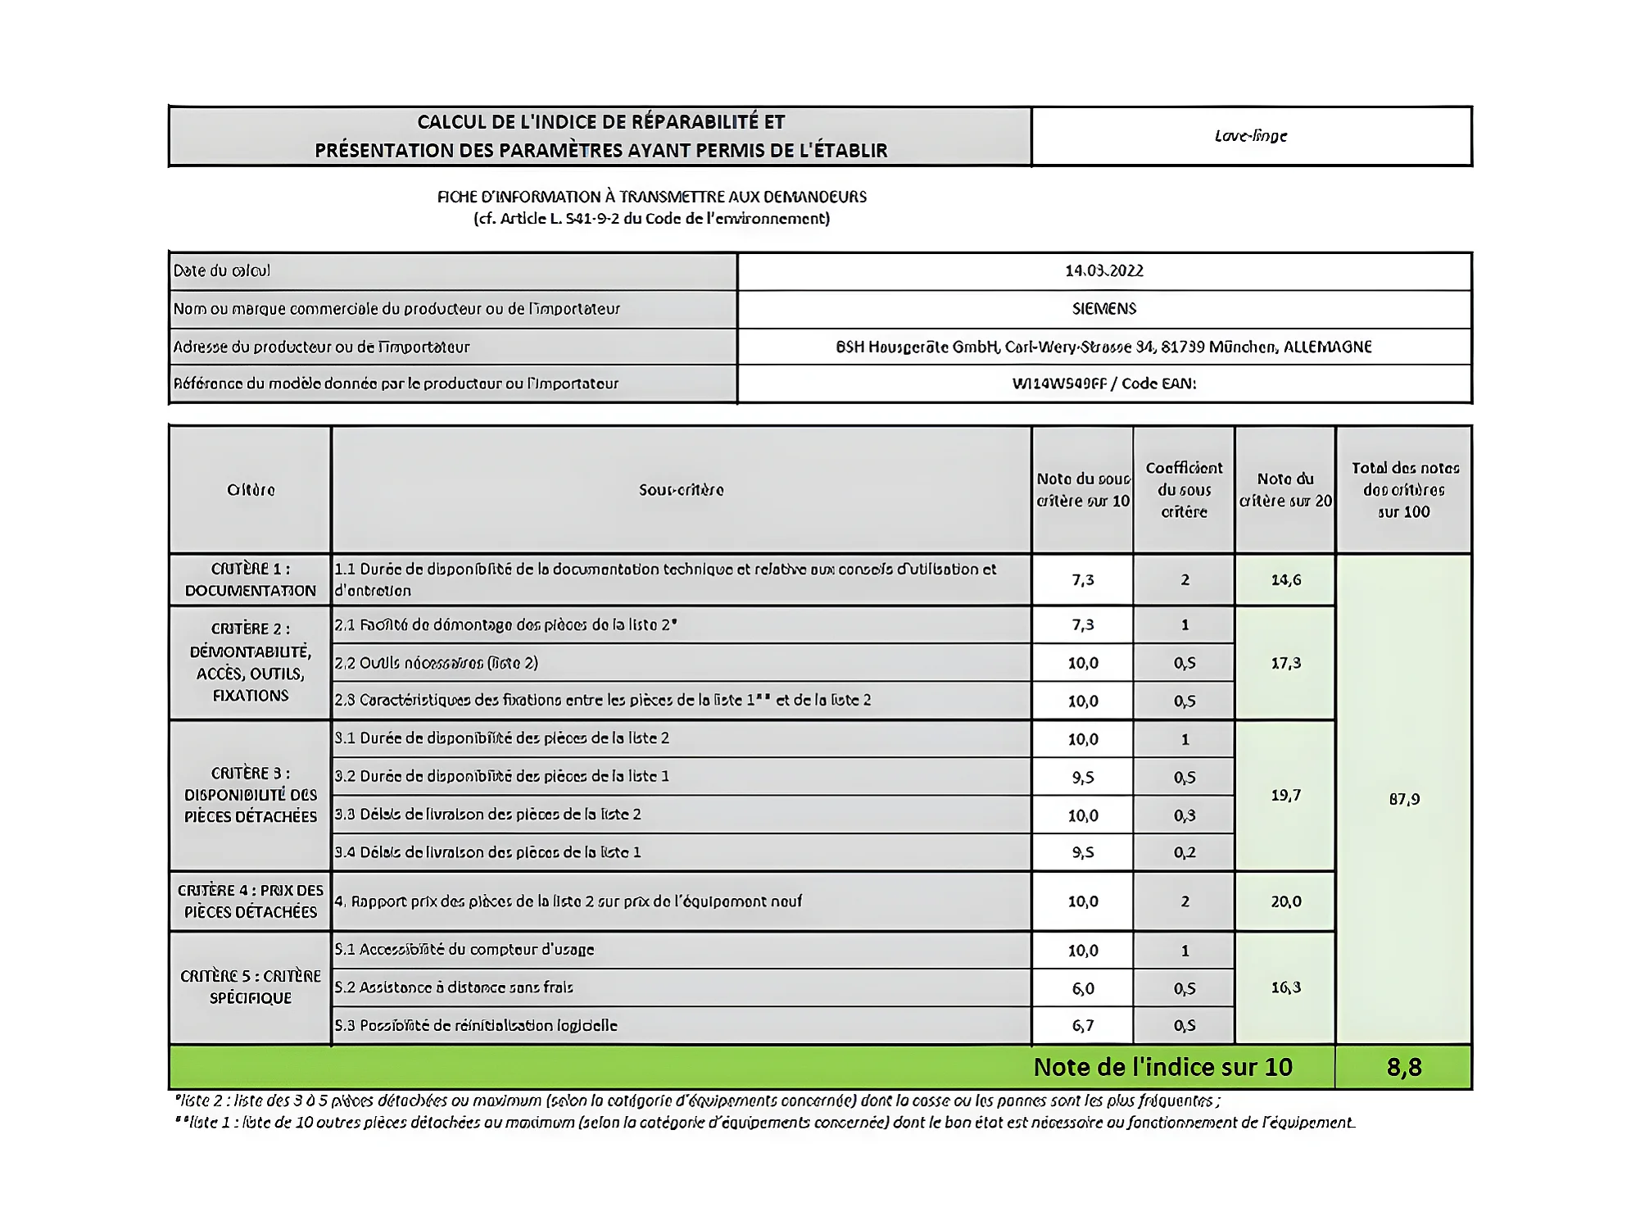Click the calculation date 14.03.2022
pyautogui.click(x=1103, y=270)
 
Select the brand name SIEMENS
pyautogui.click(x=1103, y=309)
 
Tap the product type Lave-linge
pyautogui.click(x=1250, y=136)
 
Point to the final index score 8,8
pyautogui.click(x=1403, y=1067)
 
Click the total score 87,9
pyautogui.click(x=1404, y=799)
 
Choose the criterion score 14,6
pyautogui.click(x=1285, y=580)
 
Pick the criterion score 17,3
pyautogui.click(x=1285, y=663)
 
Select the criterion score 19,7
pyautogui.click(x=1285, y=795)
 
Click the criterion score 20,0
pyautogui.click(x=1285, y=901)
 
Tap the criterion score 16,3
pyautogui.click(x=1285, y=987)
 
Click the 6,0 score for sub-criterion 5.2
pyautogui.click(x=1083, y=988)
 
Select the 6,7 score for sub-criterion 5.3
pyautogui.click(x=1083, y=1025)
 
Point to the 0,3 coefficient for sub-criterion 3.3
pyautogui.click(x=1185, y=815)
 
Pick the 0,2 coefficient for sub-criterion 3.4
pyautogui.click(x=1185, y=852)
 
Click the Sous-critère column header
pyautogui.click(x=681, y=490)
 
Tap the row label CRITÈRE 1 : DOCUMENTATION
pyautogui.click(x=250, y=579)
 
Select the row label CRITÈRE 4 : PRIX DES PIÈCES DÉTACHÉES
pyautogui.click(x=250, y=901)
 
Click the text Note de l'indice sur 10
pyautogui.click(x=1162, y=1067)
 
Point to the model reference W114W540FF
pyautogui.click(x=1058, y=384)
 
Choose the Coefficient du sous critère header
pyautogui.click(x=1184, y=490)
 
